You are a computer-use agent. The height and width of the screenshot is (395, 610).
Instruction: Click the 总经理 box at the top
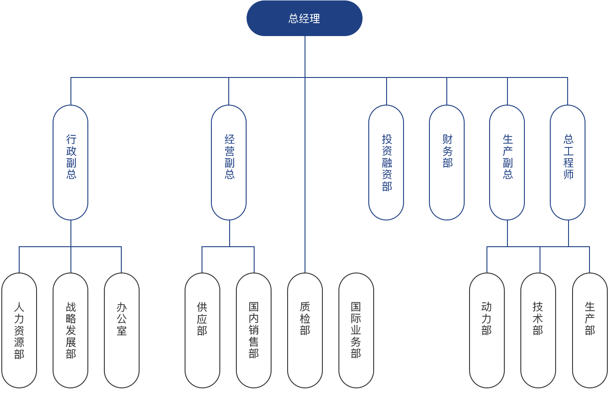[x=305, y=18]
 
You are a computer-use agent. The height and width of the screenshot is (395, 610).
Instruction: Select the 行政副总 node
[x=70, y=162]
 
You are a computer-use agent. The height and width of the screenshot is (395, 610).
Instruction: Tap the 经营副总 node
[x=229, y=162]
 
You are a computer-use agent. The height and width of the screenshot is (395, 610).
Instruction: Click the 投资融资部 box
[x=386, y=162]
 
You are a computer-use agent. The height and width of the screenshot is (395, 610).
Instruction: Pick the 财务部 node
[x=447, y=162]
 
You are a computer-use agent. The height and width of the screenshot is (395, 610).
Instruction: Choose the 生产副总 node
[x=507, y=162]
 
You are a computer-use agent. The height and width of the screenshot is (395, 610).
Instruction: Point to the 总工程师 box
[x=568, y=162]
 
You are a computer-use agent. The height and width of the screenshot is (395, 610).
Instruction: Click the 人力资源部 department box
[x=19, y=330]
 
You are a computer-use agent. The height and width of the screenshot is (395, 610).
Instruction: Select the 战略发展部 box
[x=70, y=330]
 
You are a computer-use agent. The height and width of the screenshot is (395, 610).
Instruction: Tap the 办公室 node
[x=122, y=330]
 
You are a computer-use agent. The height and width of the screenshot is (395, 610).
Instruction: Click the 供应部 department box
[x=202, y=330]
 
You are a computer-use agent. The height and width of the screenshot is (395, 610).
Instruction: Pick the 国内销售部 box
[x=254, y=330]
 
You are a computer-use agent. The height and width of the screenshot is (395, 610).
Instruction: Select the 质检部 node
[x=305, y=330]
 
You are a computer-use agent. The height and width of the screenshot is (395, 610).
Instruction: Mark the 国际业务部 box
[x=356, y=330]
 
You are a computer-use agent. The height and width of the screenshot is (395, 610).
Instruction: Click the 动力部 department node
[x=487, y=330]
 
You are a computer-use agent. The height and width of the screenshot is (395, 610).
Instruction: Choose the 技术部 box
[x=538, y=330]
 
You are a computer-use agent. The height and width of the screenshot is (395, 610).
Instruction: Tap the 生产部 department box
[x=590, y=330]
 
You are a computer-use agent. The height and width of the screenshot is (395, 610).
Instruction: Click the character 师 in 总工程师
[x=568, y=174]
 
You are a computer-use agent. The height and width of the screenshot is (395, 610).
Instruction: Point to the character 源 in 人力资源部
[x=19, y=342]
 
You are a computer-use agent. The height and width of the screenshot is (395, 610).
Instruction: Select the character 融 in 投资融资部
[x=387, y=163]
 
